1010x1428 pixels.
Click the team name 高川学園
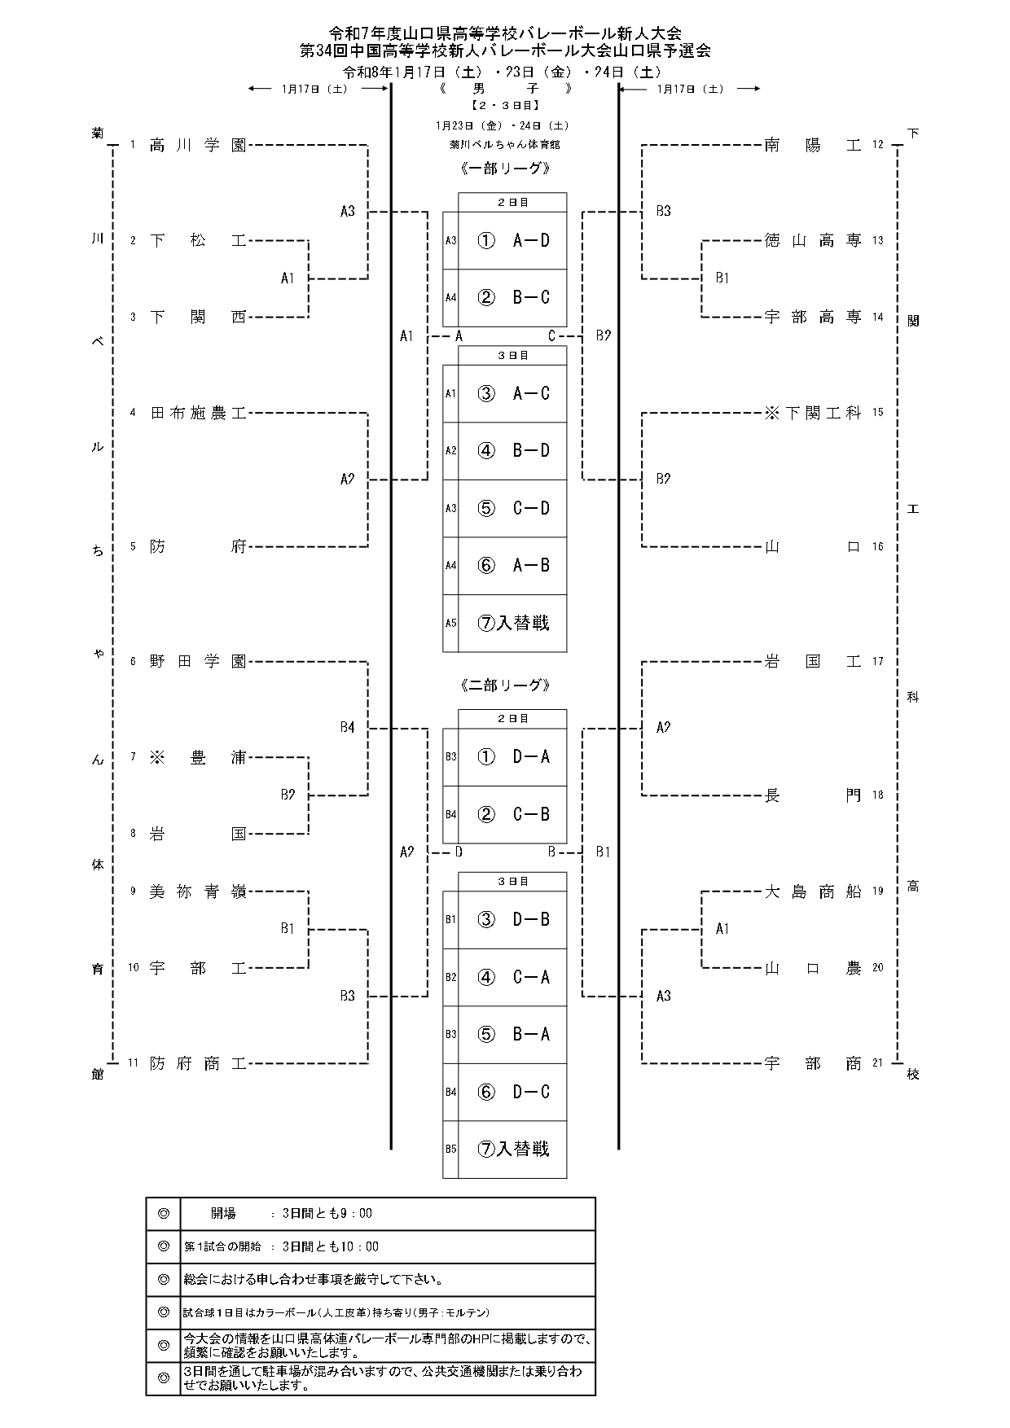point(198,146)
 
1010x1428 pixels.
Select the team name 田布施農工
point(198,414)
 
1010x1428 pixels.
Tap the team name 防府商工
point(198,1063)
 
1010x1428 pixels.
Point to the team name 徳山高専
point(813,240)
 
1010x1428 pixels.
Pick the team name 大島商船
point(813,891)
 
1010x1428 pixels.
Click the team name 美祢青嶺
point(198,891)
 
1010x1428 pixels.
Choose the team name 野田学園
point(198,661)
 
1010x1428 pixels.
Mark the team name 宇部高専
point(813,317)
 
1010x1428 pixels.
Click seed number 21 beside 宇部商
point(877,1063)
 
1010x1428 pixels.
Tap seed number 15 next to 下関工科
point(877,413)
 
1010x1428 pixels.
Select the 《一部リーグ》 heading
point(505,169)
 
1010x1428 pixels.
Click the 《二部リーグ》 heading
point(505,686)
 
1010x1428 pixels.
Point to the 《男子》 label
point(505,89)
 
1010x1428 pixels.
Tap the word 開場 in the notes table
point(223,1214)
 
